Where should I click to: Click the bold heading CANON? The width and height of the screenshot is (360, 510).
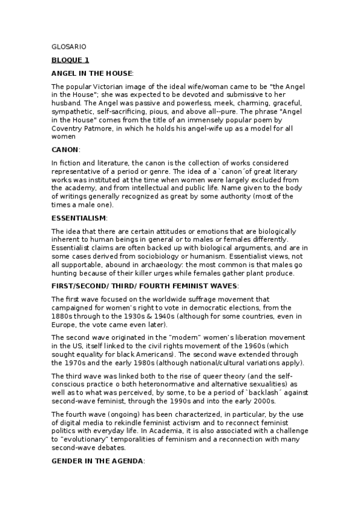tap(65, 149)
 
